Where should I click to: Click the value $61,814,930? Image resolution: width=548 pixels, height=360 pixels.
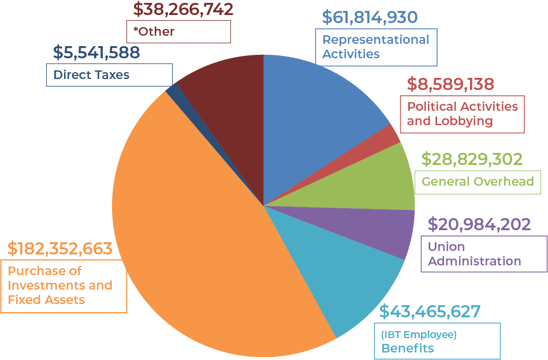coord(370,17)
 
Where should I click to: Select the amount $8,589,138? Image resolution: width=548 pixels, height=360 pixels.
coord(450,84)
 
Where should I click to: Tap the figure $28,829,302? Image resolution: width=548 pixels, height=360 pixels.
coord(472,159)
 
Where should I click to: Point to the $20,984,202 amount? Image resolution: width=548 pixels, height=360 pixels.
coord(479,224)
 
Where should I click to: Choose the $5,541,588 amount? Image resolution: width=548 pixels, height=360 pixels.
coord(96,52)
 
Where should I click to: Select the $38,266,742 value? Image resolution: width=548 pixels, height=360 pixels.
coord(183,9)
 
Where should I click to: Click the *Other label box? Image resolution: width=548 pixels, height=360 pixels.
coord(178,31)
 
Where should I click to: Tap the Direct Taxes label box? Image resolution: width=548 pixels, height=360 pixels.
coord(109,74)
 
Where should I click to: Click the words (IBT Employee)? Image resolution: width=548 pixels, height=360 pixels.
coord(419,335)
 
